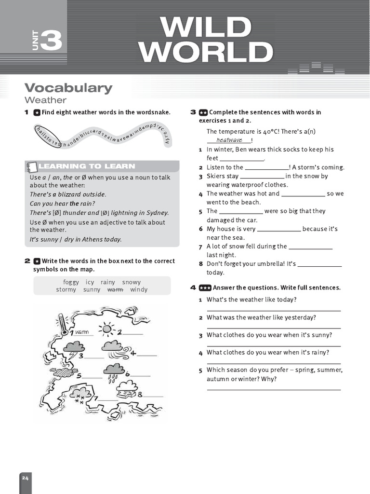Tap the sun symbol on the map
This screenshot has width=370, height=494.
point(106,329)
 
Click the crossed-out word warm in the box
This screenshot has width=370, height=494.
point(115,290)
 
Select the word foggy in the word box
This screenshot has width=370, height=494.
point(71,282)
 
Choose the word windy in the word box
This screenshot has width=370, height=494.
point(139,290)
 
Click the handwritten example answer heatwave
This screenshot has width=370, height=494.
point(229,140)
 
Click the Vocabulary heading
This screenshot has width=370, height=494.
point(68,88)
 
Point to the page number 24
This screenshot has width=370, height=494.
point(25,478)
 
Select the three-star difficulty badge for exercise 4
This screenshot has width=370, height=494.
point(205,288)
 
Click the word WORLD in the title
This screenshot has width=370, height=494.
point(206,53)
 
